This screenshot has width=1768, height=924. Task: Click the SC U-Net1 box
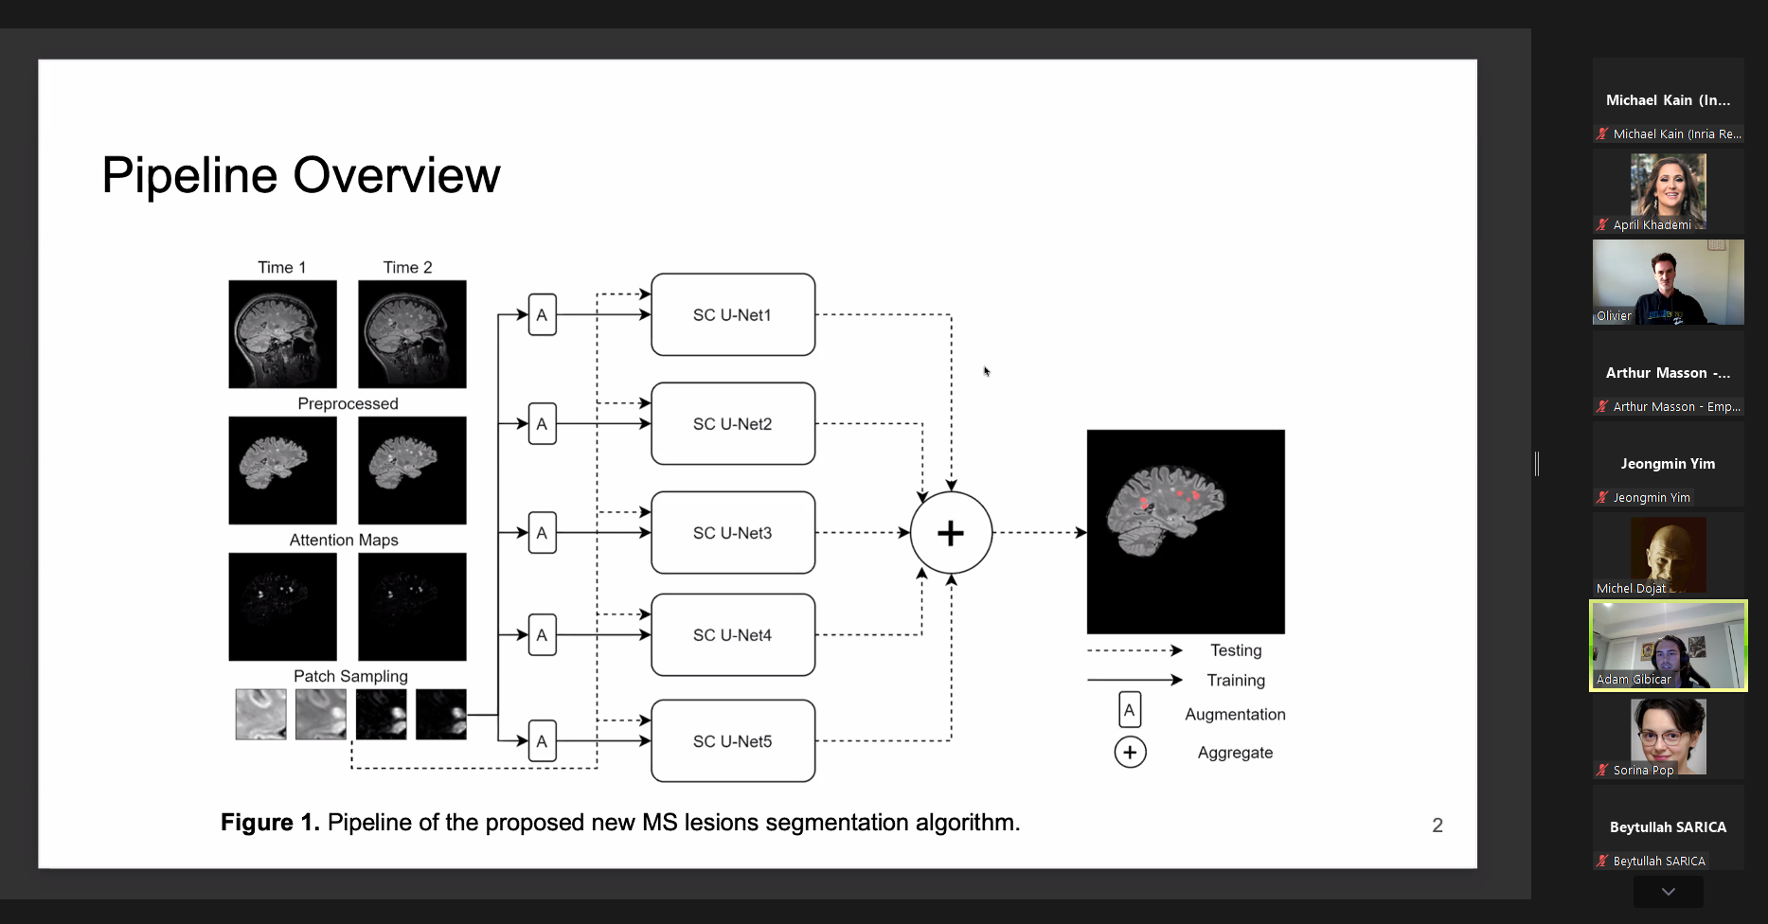(732, 315)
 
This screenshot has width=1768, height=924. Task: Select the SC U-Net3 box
(732, 533)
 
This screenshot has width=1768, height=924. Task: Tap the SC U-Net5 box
(732, 741)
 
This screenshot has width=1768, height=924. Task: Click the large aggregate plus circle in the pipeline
(951, 533)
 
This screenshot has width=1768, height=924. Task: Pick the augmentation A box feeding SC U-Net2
(542, 424)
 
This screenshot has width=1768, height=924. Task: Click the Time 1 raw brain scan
(282, 334)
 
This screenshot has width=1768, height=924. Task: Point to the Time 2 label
(407, 268)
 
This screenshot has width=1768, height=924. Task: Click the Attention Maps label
(344, 541)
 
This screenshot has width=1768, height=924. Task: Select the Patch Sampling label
(350, 677)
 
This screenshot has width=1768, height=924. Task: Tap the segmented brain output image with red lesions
(1186, 531)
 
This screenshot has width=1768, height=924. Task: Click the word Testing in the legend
(1236, 651)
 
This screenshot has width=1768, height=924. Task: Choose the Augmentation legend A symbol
(1130, 710)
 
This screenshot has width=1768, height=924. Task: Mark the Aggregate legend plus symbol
(1130, 753)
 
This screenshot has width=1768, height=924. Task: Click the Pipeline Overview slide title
(301, 176)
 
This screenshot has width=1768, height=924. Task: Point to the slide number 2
(1438, 826)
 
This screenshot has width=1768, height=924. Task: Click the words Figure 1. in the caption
(270, 823)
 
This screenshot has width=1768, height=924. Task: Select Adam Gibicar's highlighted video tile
(1668, 646)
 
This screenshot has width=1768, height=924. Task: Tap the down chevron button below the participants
(1668, 892)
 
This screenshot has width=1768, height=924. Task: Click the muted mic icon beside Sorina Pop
(1602, 771)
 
